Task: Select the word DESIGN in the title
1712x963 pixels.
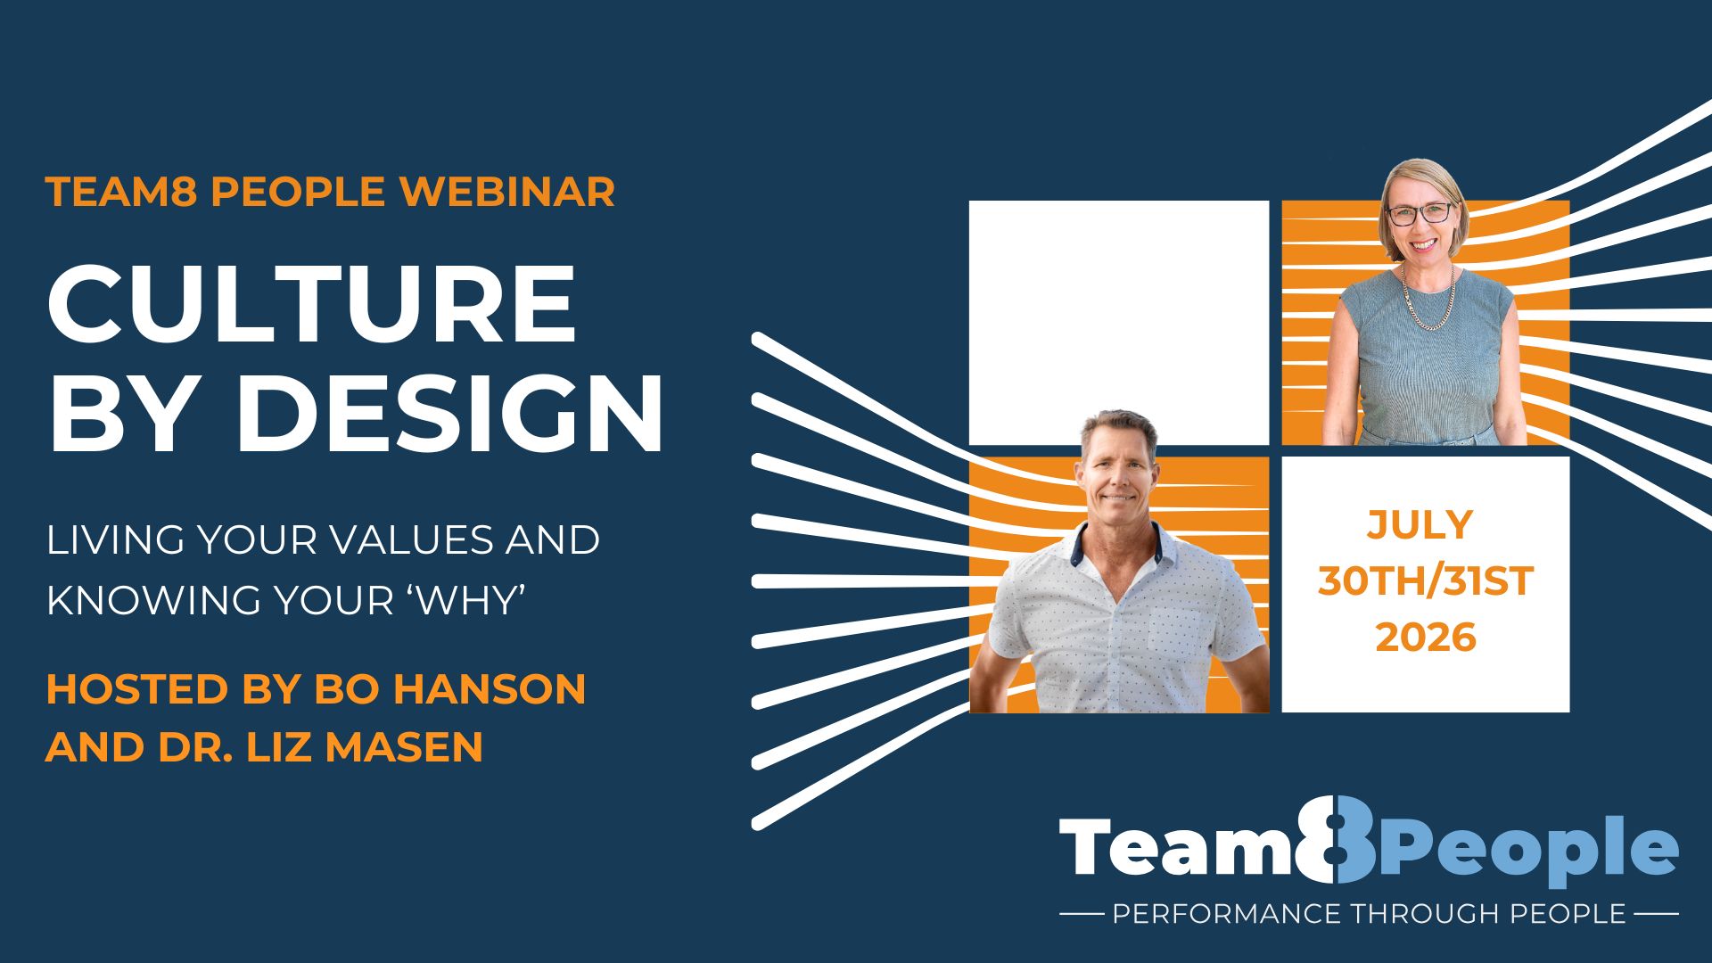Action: [449, 415]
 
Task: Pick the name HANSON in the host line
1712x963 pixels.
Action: [490, 689]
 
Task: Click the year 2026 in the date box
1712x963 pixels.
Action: [1426, 638]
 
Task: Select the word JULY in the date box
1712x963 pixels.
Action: [1420, 524]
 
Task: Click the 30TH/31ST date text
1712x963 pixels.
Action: [1425, 581]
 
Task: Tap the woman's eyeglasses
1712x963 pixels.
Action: [1419, 214]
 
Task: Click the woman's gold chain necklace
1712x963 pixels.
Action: [1428, 299]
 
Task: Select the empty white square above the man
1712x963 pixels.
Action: [1119, 323]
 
